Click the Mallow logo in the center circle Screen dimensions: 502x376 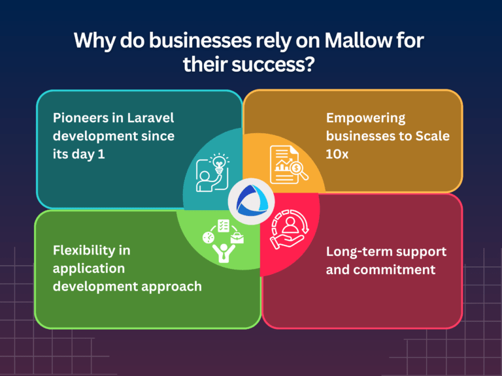252,201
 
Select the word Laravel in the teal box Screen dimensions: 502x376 150,118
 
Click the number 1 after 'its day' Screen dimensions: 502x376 101,155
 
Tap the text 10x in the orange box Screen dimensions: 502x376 337,155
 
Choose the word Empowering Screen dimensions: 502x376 365,119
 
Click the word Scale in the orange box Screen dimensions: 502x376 433,136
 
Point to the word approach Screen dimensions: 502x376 172,287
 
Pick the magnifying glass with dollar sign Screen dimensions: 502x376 298,170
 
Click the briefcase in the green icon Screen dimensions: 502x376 237,238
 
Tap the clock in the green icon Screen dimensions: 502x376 209,238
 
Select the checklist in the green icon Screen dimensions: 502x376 223,226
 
